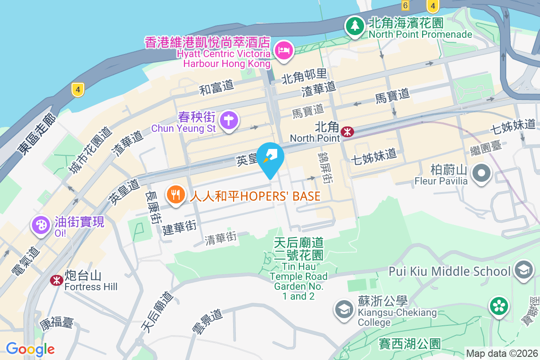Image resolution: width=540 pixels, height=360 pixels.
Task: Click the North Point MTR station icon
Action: point(347,132)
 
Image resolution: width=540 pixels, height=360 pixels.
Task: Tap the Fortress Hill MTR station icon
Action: point(56,280)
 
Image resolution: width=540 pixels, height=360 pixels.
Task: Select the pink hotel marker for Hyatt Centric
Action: point(284,49)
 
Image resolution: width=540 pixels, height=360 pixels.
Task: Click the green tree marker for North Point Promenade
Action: point(355,26)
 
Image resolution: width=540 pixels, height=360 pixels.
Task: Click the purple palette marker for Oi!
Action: point(41,225)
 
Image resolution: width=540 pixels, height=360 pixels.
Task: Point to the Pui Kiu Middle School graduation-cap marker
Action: point(523,271)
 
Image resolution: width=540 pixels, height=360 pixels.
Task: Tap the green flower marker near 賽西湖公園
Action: point(499,306)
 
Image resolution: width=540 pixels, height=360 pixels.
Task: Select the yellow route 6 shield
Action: point(405,5)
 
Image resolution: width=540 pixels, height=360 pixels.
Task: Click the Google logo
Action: point(30,349)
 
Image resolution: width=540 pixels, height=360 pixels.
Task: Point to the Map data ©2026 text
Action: point(501,354)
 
